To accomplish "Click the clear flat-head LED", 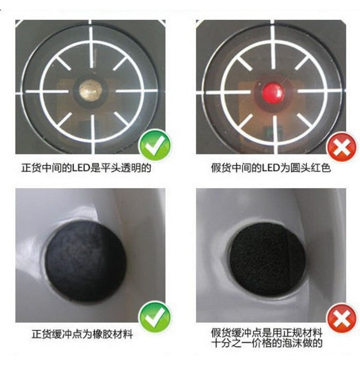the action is (x=91, y=90).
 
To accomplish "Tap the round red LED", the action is (x=273, y=92).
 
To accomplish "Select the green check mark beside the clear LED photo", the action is (x=155, y=146).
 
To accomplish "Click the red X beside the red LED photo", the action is (x=342, y=147).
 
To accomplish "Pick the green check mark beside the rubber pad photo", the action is (x=155, y=317).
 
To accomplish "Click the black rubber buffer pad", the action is (x=86, y=261).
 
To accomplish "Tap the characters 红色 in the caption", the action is (x=320, y=168).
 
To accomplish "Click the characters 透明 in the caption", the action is (x=130, y=168).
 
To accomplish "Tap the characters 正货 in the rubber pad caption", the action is (x=42, y=334).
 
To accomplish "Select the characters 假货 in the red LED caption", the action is (x=221, y=168).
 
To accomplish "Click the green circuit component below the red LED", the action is (x=270, y=133).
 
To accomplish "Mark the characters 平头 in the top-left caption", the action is (x=111, y=168).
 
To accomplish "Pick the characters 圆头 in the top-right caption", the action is (x=301, y=168).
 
